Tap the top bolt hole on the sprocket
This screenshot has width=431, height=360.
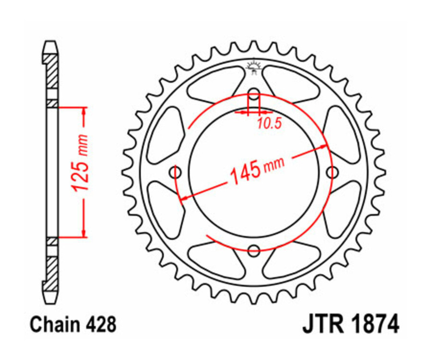tap(254, 94)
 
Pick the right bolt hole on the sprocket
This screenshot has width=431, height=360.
tap(331, 172)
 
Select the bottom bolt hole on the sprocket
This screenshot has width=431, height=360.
tap(254, 249)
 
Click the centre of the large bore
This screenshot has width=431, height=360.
tap(254, 172)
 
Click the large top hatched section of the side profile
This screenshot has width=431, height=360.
tap(52, 72)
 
